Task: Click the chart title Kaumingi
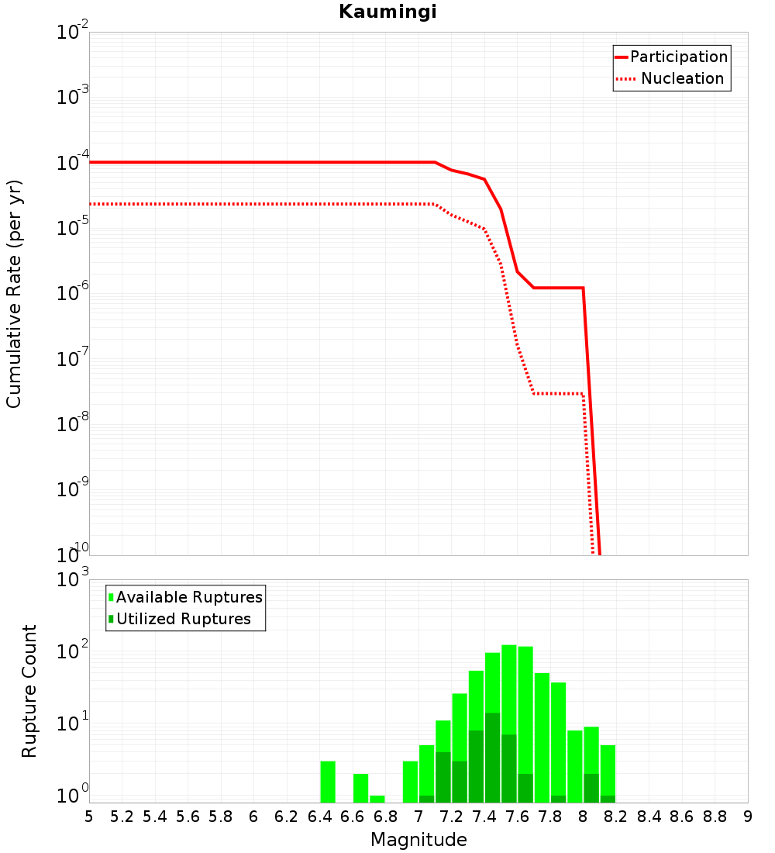387,12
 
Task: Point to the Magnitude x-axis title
418,840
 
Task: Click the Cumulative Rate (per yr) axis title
14,294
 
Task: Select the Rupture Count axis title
29,690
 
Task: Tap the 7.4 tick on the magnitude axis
484,817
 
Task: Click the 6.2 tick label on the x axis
287,817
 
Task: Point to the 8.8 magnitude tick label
715,817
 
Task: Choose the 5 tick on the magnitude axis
88,817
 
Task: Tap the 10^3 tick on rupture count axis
74,579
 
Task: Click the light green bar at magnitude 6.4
328,782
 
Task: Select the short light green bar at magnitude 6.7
377,799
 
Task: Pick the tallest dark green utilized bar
492,757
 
